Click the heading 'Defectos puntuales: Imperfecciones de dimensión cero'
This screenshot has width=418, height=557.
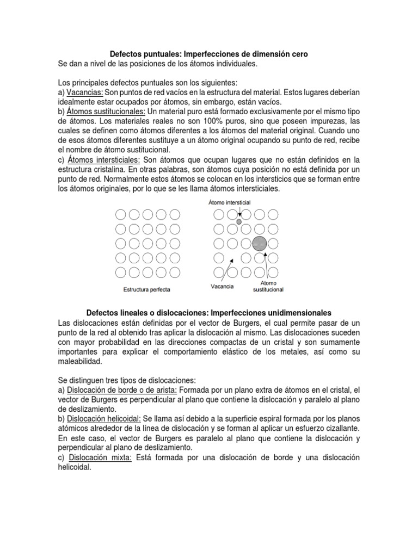point(209,54)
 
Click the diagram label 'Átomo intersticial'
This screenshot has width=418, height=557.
point(229,202)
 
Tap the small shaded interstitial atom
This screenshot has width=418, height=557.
point(238,222)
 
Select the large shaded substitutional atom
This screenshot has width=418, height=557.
point(260,243)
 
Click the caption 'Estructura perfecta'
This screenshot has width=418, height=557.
point(146,289)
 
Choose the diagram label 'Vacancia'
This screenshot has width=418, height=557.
point(222,287)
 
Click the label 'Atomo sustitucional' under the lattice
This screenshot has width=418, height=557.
point(268,287)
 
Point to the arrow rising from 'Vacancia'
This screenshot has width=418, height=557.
point(228,270)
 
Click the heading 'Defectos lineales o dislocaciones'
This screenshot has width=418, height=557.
point(209,313)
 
